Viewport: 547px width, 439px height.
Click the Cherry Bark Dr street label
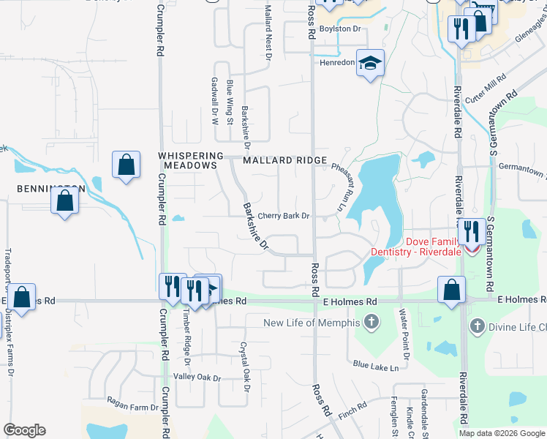[x=284, y=217]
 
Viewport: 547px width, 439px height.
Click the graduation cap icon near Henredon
[x=370, y=63]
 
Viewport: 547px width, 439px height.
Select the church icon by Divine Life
[x=477, y=326]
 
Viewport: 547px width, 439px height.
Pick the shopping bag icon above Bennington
[x=126, y=165]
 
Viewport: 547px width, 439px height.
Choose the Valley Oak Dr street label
[x=192, y=378]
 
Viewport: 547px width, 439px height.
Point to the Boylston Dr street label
[x=342, y=29]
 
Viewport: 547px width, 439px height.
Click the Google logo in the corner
[x=24, y=430]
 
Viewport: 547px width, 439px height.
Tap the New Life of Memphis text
[x=313, y=323]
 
